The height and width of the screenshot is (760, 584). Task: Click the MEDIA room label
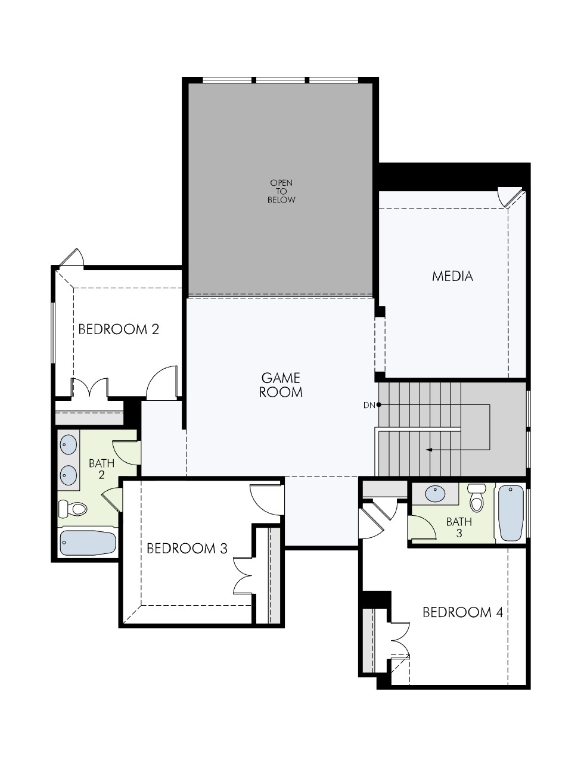pyautogui.click(x=452, y=276)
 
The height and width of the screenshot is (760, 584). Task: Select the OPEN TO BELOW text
pyautogui.click(x=281, y=191)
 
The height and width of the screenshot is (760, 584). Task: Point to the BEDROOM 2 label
pyautogui.click(x=119, y=329)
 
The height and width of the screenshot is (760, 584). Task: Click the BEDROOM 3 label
pyautogui.click(x=187, y=548)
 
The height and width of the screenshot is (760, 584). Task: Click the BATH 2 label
pyautogui.click(x=101, y=468)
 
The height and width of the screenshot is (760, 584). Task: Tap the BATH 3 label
pyautogui.click(x=459, y=527)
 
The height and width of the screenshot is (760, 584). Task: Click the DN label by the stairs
pyautogui.click(x=369, y=406)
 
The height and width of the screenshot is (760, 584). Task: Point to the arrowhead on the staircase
pyautogui.click(x=429, y=450)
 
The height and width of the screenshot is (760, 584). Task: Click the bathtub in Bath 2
pyautogui.click(x=88, y=543)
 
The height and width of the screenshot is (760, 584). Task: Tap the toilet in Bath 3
pyautogui.click(x=477, y=499)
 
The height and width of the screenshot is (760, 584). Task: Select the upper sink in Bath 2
pyautogui.click(x=69, y=444)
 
